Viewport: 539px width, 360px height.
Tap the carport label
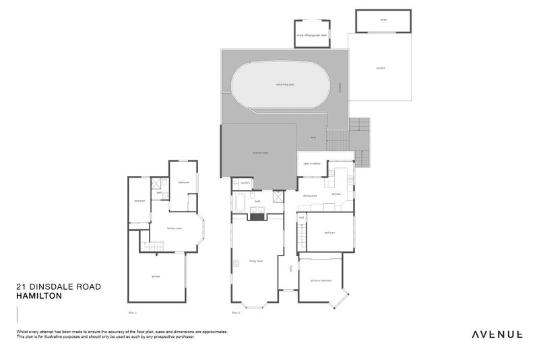pos(379,67)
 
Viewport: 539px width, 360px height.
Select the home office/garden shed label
pos(312,35)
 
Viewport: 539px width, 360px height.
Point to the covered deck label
pos(259,154)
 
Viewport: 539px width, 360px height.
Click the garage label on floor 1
pos(156,276)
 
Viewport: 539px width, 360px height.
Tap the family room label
pos(175,229)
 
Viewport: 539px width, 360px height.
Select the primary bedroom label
pos(320,280)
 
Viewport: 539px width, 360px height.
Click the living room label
pos(255,260)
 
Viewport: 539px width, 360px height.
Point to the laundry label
pos(246,182)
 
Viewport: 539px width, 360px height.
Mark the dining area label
pos(310,196)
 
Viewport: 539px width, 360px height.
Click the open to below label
pos(311,164)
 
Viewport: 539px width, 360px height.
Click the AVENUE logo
pos(496,334)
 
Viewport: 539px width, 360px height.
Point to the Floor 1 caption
pos(132,313)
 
